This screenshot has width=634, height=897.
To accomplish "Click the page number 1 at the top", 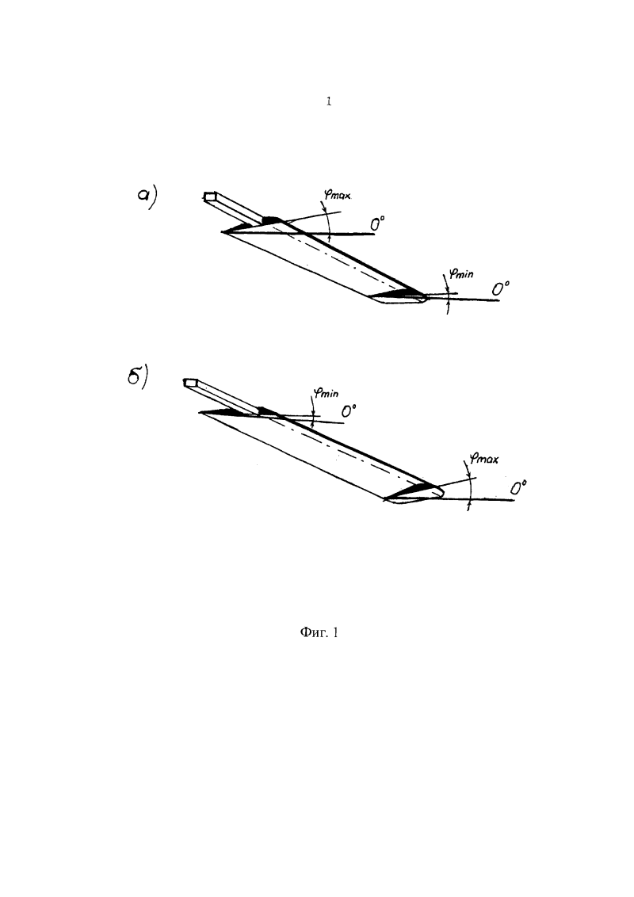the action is pos(328,102).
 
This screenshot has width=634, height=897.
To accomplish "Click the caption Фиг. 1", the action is pos(319,632).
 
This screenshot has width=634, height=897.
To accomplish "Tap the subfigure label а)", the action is pos(147,197).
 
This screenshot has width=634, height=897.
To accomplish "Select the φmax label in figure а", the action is pos(337,195).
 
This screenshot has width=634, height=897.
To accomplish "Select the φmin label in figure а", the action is pos(460,273).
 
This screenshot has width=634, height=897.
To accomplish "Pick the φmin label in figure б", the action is pos(326,393).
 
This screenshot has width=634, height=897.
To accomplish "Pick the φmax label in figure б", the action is pos(483,458).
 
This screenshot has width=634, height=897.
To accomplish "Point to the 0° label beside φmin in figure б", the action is pos(349,410).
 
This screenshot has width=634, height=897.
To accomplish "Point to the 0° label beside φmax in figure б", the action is pos(518,487).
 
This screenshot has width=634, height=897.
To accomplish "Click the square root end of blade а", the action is pos(210,197).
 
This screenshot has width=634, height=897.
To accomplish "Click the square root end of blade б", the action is pos(190,382).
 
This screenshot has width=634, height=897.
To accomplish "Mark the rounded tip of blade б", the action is pos(437,490).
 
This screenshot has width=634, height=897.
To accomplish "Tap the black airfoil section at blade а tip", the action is pos(396,295).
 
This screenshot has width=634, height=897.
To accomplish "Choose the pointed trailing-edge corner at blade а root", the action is pos(221,231).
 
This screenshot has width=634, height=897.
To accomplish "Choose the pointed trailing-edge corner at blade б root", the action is pos(200,412).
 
